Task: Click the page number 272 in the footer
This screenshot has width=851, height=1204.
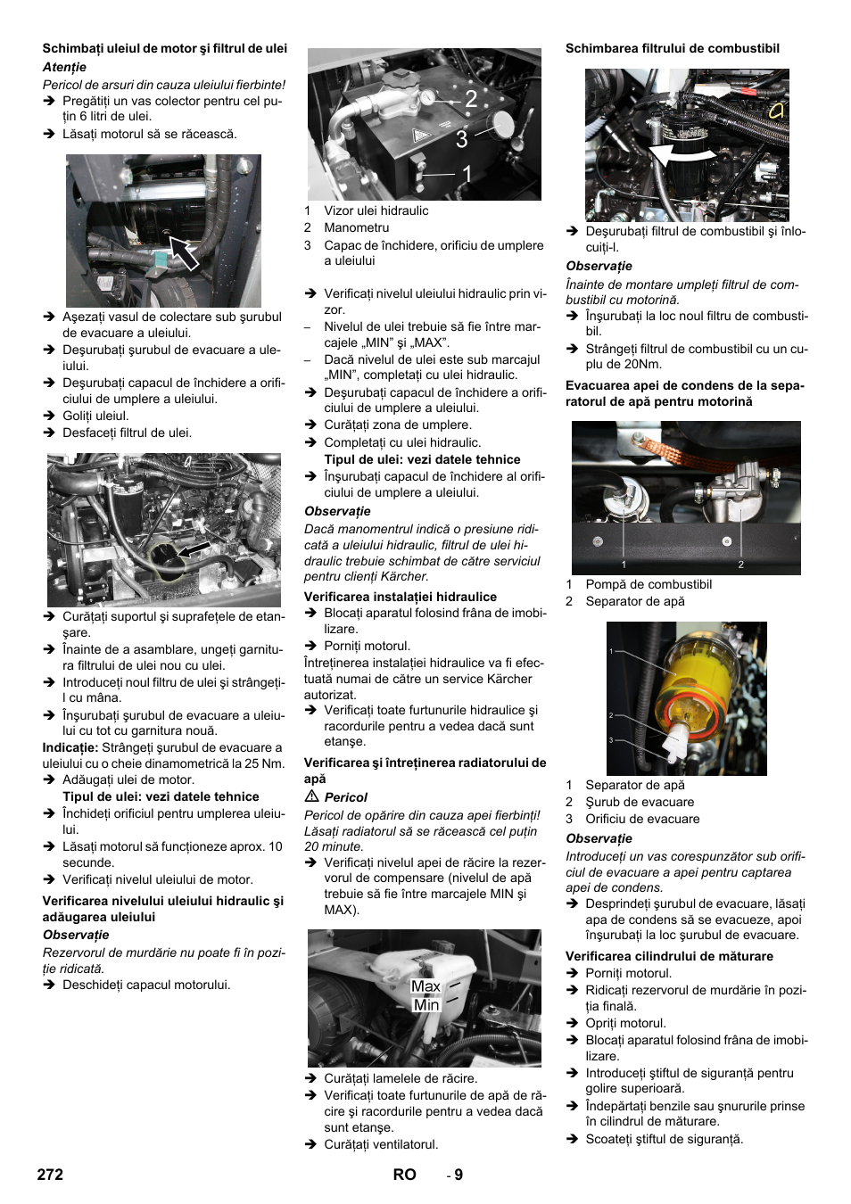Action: point(50,1175)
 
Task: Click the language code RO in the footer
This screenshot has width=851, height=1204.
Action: point(404,1175)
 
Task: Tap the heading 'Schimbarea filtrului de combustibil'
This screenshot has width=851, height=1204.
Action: point(672,48)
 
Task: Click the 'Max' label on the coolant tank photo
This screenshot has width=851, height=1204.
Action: point(425,986)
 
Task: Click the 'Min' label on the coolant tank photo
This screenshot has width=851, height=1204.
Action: point(426,1005)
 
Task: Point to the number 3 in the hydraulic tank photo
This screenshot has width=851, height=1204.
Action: point(461,139)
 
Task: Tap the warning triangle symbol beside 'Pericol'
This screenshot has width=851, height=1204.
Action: point(311,796)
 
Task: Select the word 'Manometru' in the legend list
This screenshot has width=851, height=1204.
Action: point(356,227)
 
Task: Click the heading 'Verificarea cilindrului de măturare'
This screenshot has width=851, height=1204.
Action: point(669,956)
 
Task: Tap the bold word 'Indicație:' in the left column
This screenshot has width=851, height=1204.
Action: point(70,747)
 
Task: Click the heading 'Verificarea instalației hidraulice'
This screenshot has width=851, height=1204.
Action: point(400,597)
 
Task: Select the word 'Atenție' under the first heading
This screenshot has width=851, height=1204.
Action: point(64,67)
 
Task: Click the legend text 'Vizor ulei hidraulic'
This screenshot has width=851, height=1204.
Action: point(376,210)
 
